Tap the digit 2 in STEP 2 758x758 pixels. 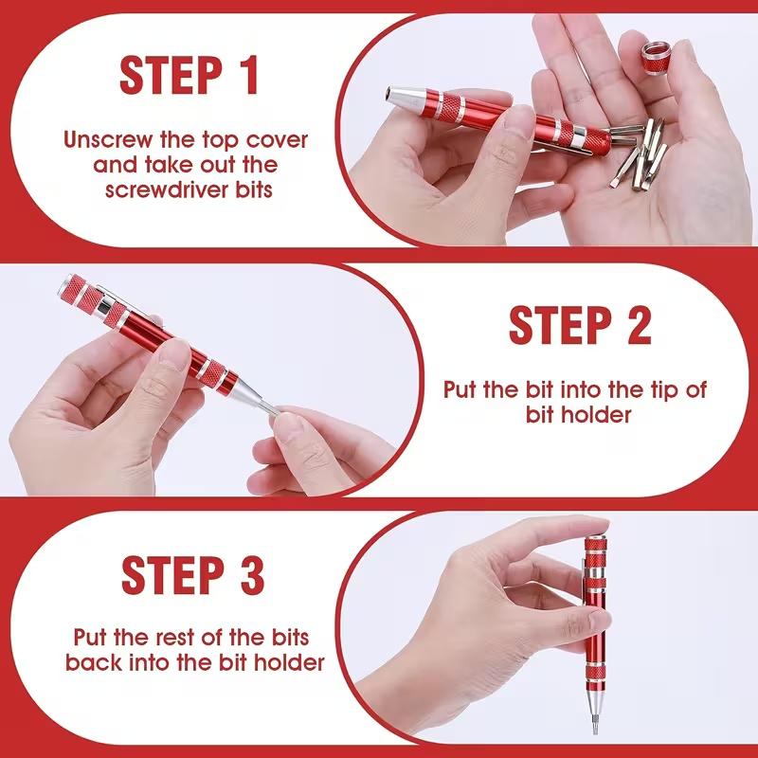[634, 325]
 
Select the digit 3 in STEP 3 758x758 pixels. [250, 576]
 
